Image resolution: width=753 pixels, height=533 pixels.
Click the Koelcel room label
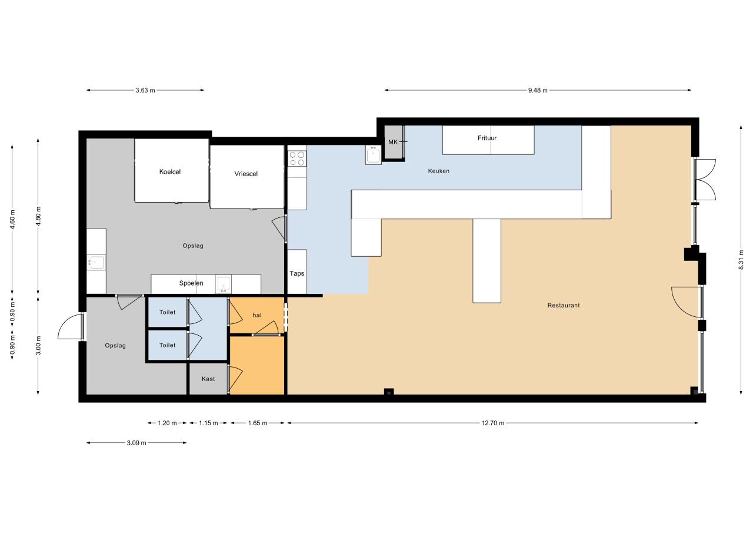[170, 171]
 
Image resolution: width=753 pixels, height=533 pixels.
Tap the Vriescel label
[246, 174]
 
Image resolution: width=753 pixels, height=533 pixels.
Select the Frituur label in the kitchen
[487, 138]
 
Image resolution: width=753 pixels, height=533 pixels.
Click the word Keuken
[439, 171]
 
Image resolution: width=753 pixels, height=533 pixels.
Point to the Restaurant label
[564, 305]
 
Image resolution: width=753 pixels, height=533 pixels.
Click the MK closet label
[393, 142]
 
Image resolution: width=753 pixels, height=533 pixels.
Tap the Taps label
[297, 273]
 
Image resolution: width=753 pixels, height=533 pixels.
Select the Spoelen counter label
[191, 283]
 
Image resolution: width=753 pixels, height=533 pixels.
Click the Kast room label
[208, 379]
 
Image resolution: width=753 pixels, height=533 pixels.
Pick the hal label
[257, 315]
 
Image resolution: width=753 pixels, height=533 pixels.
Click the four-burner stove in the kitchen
[297, 158]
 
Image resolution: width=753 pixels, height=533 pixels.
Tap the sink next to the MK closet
[373, 155]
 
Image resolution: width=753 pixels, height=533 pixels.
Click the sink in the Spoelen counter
[223, 283]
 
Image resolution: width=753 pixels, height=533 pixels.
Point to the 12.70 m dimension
[493, 423]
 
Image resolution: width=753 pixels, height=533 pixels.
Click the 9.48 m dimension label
[538, 90]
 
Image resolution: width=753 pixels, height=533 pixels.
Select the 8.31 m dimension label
[741, 260]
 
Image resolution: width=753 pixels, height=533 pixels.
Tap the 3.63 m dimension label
[145, 90]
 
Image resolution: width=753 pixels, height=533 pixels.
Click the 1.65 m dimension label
[258, 423]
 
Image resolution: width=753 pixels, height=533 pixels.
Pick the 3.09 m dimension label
[136, 443]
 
